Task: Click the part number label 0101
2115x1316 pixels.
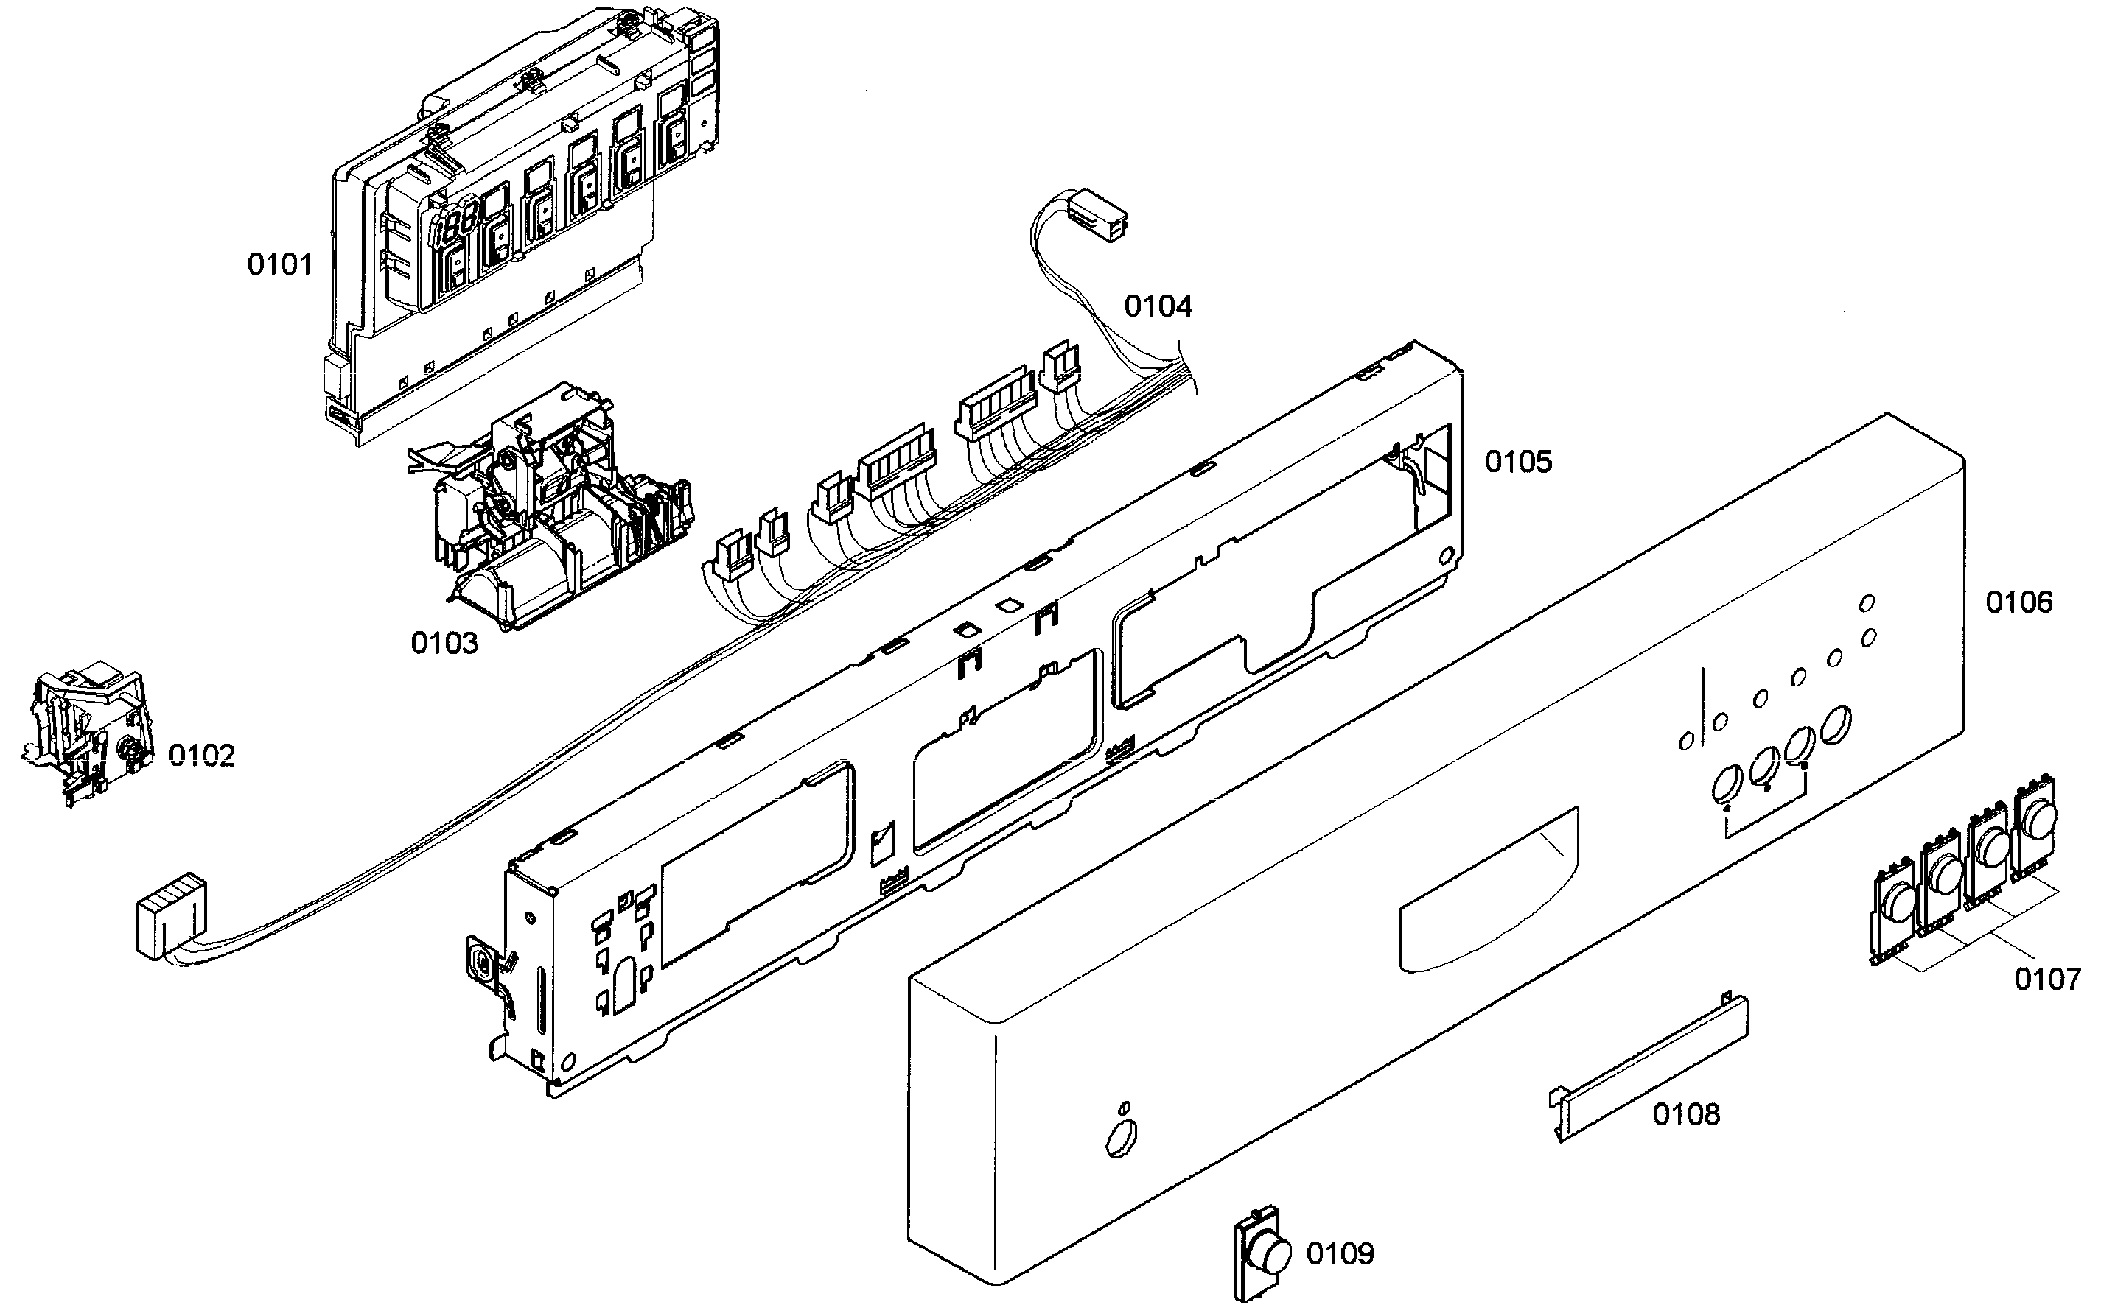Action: pyautogui.click(x=279, y=264)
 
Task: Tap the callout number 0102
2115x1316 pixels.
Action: pyautogui.click(x=201, y=756)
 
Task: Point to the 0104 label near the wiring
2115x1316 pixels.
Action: pyautogui.click(x=1157, y=306)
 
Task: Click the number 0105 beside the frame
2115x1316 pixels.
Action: pyautogui.click(x=1517, y=462)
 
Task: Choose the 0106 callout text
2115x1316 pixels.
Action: pyautogui.click(x=2018, y=602)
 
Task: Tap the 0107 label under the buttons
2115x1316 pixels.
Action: pyautogui.click(x=2046, y=980)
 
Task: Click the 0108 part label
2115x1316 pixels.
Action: pyautogui.click(x=1685, y=1114)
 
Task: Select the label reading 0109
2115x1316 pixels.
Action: pyautogui.click(x=1339, y=1253)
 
